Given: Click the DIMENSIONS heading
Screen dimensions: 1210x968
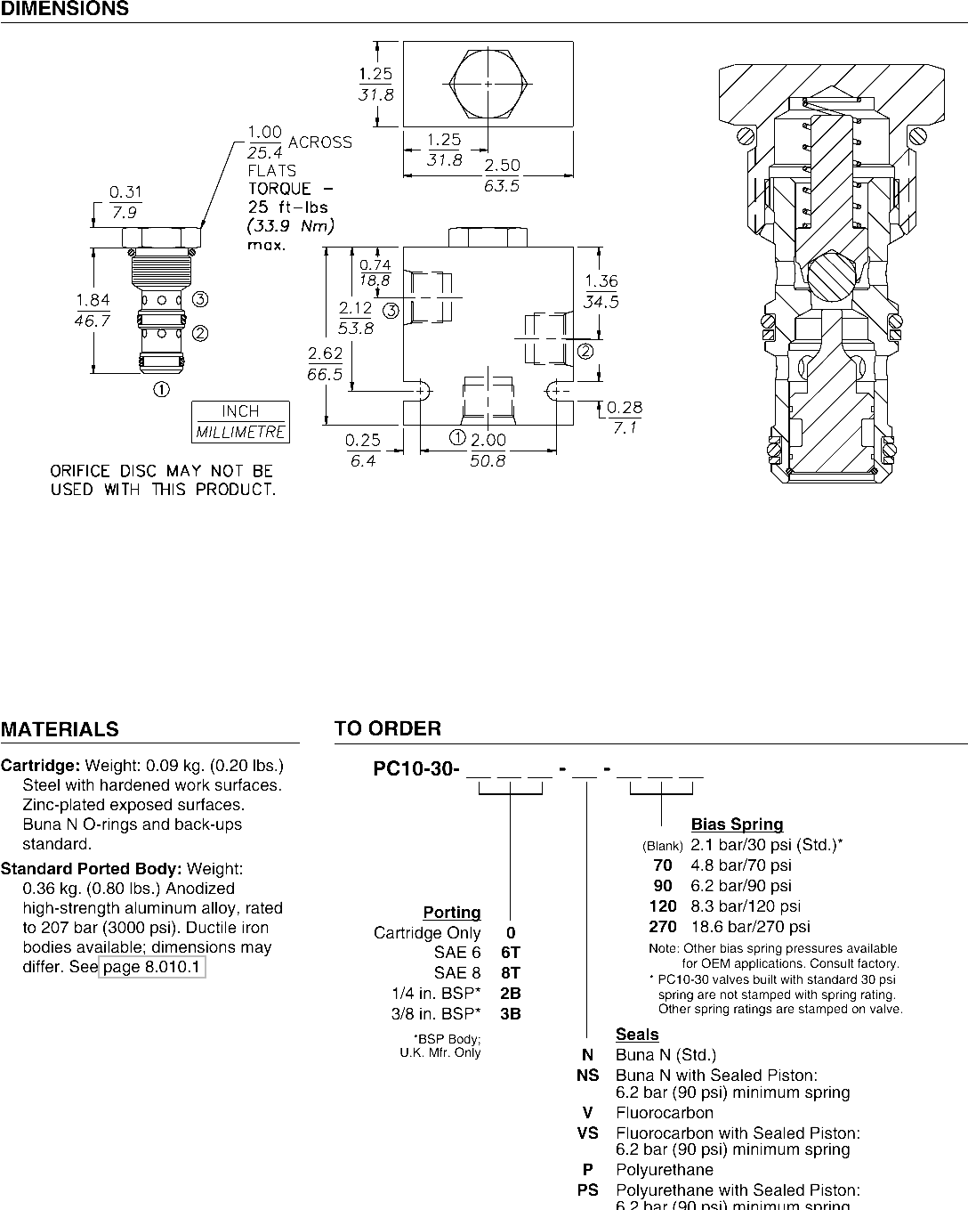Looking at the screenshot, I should pyautogui.click(x=64, y=10).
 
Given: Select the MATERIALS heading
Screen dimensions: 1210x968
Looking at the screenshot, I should pyautogui.click(x=60, y=730).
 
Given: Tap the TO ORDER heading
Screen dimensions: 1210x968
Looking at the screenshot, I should pyautogui.click(x=387, y=729).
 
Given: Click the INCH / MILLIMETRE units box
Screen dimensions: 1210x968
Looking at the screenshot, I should pyautogui.click(x=240, y=422).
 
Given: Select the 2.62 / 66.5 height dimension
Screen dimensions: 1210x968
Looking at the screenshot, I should pyautogui.click(x=325, y=364).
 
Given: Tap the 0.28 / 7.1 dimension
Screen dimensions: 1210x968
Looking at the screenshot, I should pyautogui.click(x=624, y=418).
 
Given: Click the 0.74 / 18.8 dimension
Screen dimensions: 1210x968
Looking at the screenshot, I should pyautogui.click(x=375, y=272).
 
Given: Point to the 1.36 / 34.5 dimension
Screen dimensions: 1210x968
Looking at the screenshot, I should pyautogui.click(x=601, y=291).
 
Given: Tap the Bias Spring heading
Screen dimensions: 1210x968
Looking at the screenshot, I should pyautogui.click(x=737, y=824).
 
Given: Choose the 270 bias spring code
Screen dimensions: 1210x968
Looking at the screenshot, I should pyautogui.click(x=663, y=927).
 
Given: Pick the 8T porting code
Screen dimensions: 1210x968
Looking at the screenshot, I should pyautogui.click(x=511, y=973).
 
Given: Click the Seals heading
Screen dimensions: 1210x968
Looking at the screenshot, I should pyautogui.click(x=637, y=1035).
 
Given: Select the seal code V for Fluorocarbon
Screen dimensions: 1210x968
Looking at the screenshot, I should pyautogui.click(x=587, y=1113).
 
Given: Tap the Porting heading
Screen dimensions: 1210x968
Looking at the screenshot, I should pyautogui.click(x=452, y=913).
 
